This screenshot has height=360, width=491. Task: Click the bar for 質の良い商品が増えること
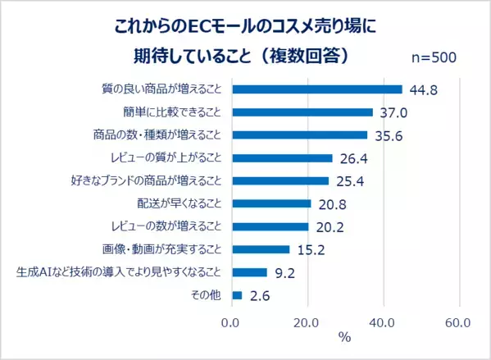[x=317, y=89]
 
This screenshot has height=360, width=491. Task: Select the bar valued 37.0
[x=302, y=112]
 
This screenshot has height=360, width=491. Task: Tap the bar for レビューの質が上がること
[x=283, y=158]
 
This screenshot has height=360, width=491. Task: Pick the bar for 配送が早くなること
[x=272, y=203]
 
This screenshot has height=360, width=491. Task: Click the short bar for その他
[x=238, y=294]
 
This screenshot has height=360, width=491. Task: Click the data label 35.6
[x=387, y=136]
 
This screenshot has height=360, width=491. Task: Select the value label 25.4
[x=348, y=181]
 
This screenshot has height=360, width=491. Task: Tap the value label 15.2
[x=309, y=249]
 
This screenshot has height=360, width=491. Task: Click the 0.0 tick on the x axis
[x=232, y=322]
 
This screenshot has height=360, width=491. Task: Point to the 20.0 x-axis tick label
[x=307, y=322]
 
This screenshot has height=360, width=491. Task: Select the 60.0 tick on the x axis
[x=457, y=322]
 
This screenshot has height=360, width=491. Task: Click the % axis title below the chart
[x=345, y=337]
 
